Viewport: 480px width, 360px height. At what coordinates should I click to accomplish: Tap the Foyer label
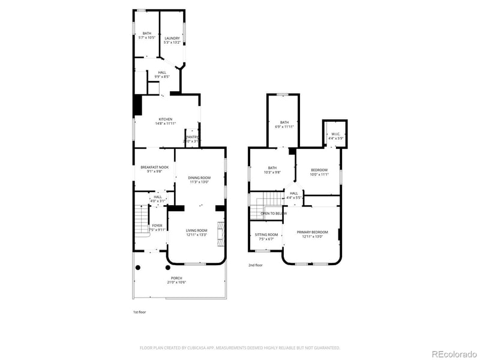157,227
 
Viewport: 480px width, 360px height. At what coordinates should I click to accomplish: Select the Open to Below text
273,213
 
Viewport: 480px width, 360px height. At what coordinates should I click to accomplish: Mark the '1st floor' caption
139,312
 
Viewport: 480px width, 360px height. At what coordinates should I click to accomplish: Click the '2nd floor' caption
256,265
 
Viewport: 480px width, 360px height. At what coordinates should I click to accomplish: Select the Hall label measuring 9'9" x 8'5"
162,74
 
